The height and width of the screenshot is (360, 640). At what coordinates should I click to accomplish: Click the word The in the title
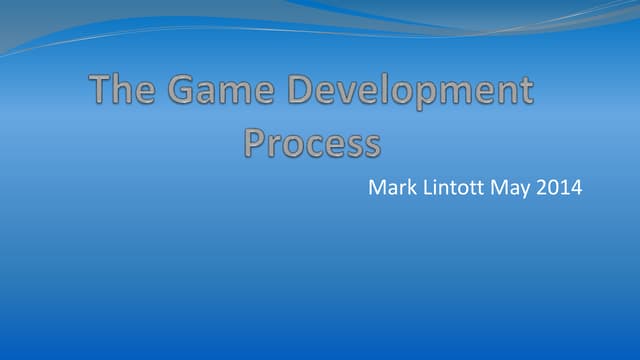(x=122, y=92)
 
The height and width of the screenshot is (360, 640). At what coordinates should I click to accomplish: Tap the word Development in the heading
(x=411, y=93)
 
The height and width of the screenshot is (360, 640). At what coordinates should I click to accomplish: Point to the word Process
(x=312, y=143)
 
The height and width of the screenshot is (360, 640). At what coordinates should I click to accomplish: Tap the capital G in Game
(x=183, y=92)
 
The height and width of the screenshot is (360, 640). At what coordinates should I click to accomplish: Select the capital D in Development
(x=303, y=92)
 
